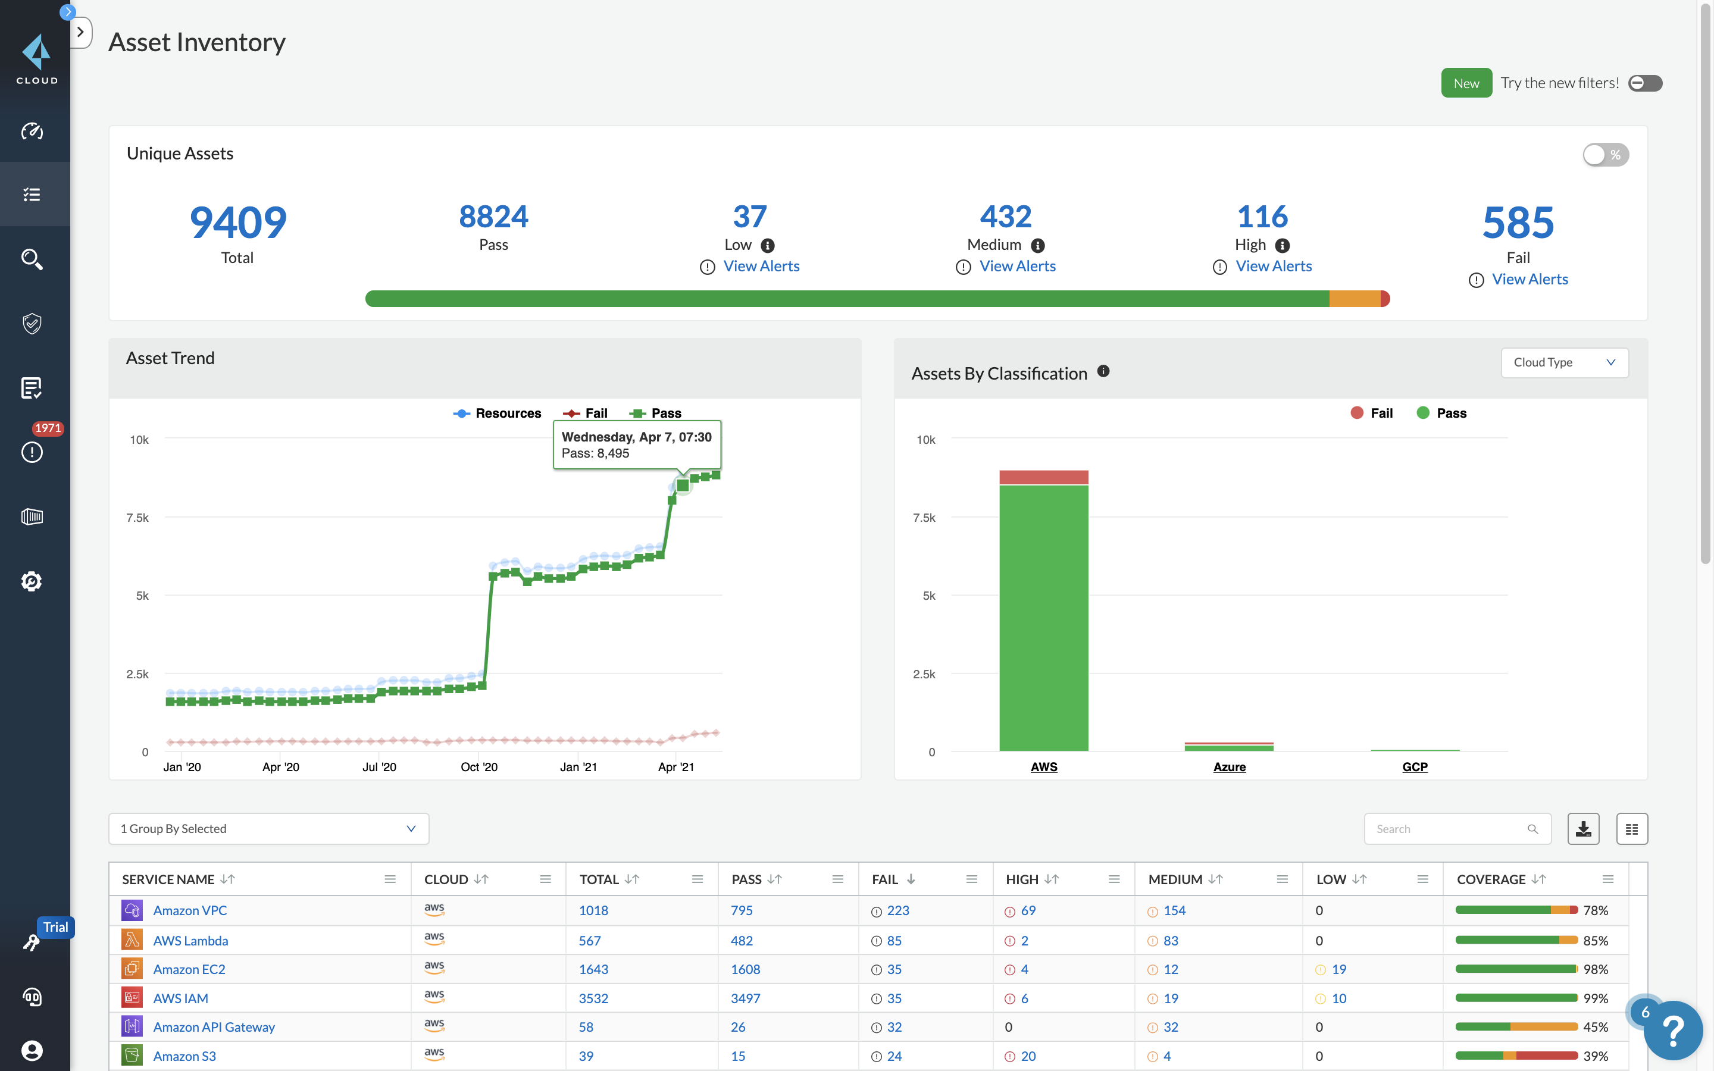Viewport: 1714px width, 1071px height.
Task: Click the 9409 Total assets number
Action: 238,222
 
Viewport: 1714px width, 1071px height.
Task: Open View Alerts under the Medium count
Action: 1016,267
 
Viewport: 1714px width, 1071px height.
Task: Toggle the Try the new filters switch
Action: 1644,83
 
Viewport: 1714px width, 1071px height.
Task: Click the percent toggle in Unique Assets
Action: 1605,155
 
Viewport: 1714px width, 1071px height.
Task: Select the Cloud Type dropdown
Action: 1564,363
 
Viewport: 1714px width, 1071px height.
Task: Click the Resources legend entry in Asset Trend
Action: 498,413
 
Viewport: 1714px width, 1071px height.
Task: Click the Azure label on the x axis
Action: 1229,766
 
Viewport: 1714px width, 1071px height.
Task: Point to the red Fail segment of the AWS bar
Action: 1043,477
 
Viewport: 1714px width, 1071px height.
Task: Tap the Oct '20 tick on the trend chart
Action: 478,766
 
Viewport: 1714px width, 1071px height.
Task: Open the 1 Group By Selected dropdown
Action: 268,829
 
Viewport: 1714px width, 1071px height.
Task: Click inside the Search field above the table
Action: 1449,829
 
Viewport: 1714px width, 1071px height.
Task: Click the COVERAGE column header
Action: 1491,879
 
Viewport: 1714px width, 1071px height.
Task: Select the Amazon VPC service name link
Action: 190,910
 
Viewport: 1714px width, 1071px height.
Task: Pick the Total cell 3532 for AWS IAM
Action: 593,998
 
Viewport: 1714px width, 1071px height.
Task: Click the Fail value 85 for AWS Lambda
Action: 894,941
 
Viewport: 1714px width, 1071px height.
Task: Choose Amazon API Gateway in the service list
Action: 214,1027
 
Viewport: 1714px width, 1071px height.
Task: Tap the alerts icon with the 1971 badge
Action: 32,451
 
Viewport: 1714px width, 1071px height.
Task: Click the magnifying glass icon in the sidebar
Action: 32,259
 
